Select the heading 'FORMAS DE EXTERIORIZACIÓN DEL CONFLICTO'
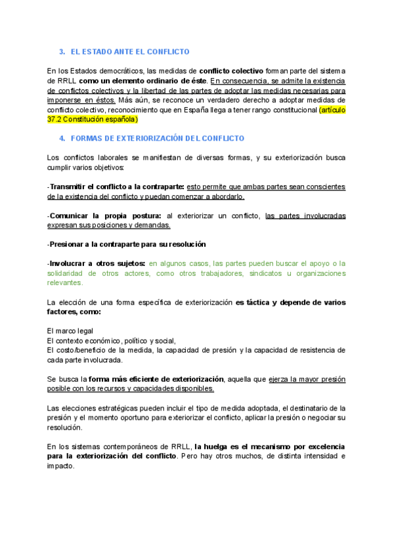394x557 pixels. [157, 139]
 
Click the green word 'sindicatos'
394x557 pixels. [270, 273]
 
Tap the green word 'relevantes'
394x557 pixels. [65, 283]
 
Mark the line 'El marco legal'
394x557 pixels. [70, 330]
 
